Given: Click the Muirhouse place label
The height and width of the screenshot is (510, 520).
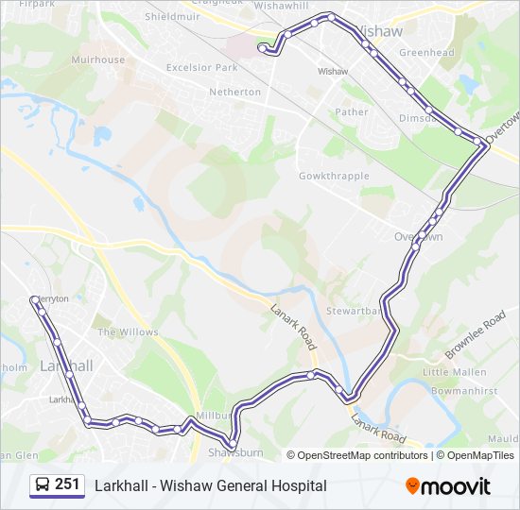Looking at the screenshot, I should tap(98, 59).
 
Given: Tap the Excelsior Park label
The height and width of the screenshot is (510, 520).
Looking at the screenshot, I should tap(201, 68).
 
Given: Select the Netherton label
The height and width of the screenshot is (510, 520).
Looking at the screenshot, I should tap(234, 92).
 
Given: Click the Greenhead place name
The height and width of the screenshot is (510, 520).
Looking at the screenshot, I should tap(426, 53).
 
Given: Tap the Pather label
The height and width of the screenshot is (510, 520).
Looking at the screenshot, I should tap(352, 111).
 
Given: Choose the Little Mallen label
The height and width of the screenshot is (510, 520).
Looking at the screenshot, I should tap(455, 372).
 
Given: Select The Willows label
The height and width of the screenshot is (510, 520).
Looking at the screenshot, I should tap(128, 332).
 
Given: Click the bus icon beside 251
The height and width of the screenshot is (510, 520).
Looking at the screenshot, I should tap(43, 485).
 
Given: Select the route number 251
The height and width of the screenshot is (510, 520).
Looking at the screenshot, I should tap(67, 484).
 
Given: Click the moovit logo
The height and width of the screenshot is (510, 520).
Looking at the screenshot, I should tap(448, 486).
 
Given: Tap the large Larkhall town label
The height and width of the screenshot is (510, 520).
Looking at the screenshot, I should tap(66, 365).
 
